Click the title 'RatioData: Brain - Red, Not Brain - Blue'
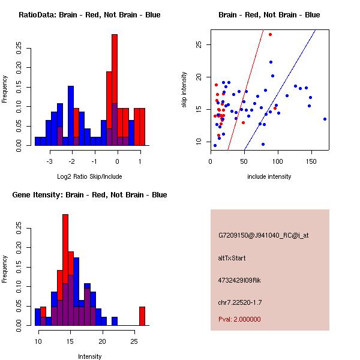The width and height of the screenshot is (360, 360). point(89,15)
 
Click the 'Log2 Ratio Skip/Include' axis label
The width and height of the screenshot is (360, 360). point(89,176)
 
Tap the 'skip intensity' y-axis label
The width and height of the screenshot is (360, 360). point(185,90)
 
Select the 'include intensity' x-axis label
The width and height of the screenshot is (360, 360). point(269,176)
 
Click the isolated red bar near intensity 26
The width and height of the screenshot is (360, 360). point(142,316)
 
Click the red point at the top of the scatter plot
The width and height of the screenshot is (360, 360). point(271,34)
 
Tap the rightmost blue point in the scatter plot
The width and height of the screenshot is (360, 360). point(325,119)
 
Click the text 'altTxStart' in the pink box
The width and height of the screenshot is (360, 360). point(232,258)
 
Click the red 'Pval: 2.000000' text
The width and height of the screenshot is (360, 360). point(239,319)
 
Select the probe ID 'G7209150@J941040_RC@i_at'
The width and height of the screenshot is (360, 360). point(263,236)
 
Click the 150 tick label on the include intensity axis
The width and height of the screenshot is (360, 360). point(311,161)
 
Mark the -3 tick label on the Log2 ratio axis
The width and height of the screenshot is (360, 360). point(50,161)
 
